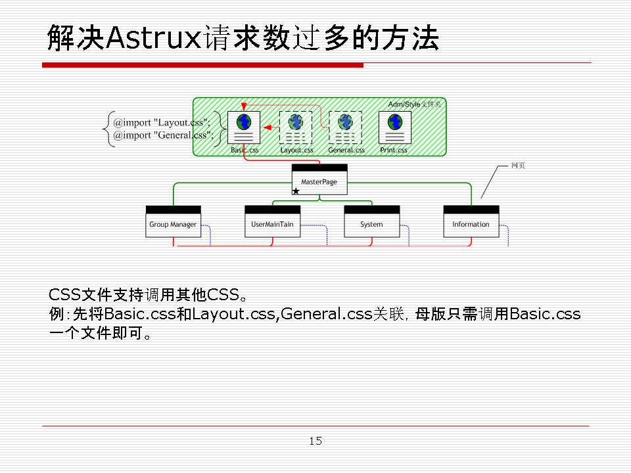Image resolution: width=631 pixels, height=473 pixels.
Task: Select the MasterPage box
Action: [319, 182]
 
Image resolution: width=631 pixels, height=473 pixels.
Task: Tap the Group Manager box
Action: [173, 224]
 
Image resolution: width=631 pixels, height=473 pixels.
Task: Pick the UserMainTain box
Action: [272, 224]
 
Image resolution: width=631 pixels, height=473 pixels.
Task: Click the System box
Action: [371, 224]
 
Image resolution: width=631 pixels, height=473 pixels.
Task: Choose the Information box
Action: [471, 224]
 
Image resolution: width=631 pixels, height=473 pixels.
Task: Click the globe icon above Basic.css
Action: [244, 122]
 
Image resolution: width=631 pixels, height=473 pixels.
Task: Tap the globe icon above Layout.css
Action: [295, 121]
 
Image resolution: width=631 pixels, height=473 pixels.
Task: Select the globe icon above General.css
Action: [345, 122]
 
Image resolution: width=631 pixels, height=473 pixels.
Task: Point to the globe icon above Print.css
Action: [395, 122]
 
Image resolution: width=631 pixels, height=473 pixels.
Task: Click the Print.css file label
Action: [394, 150]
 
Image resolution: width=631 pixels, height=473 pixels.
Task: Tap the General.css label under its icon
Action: [346, 150]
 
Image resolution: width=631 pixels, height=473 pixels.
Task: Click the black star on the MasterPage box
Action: [296, 191]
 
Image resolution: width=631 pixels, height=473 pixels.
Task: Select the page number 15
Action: [315, 441]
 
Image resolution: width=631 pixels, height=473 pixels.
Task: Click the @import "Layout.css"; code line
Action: [162, 122]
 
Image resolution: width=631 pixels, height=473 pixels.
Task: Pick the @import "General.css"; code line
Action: [163, 135]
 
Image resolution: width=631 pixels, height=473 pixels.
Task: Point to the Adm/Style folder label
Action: [414, 104]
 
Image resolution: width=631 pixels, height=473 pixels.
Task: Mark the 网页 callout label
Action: [518, 166]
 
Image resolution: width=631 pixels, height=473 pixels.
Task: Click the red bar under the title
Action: [202, 65]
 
